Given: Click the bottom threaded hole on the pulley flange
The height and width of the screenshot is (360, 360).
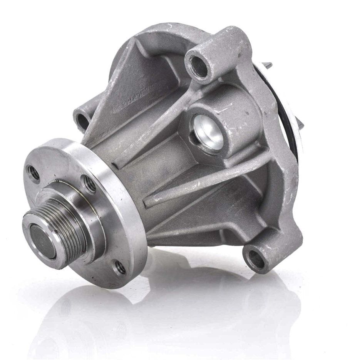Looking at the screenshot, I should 119,267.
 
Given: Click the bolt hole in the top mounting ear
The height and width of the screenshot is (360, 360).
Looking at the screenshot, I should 199,65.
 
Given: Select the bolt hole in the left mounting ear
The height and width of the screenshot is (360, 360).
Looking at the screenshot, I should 83,121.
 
